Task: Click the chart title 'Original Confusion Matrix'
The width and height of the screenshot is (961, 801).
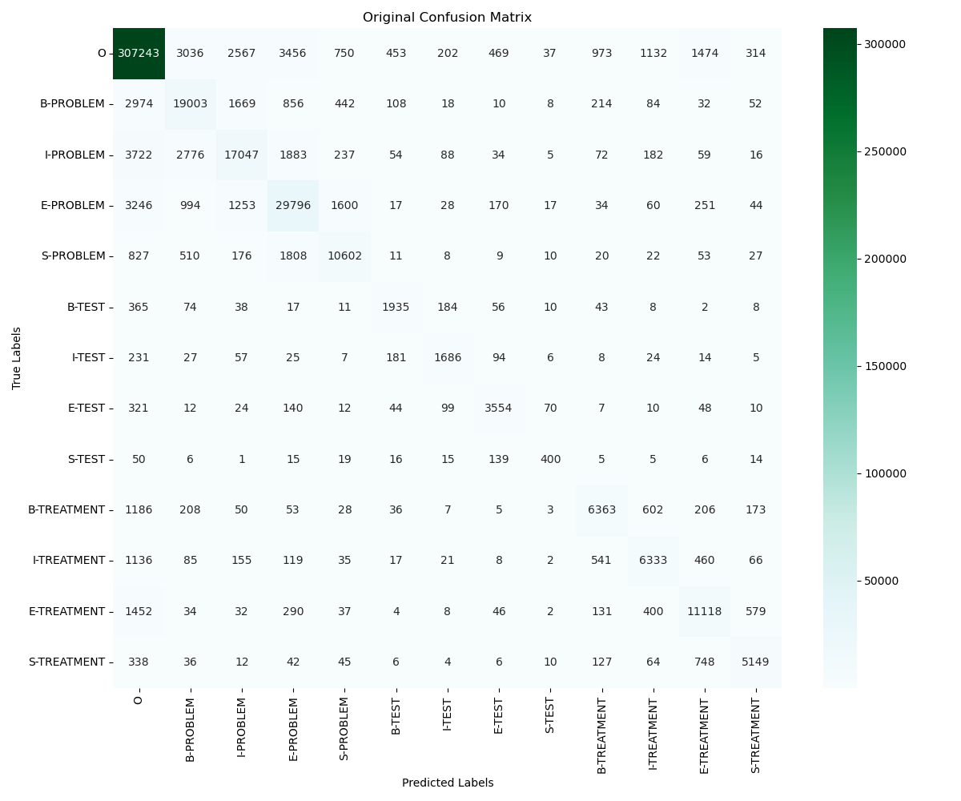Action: coord(447,18)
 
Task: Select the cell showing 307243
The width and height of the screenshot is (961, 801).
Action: coord(139,53)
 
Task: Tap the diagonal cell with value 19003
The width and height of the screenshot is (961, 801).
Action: coord(190,103)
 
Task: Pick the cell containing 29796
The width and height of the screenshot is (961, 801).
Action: coord(293,205)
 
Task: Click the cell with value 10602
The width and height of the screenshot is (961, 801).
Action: coord(344,256)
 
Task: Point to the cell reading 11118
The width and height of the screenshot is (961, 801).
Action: coord(705,611)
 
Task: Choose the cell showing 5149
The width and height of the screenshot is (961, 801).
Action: coord(756,662)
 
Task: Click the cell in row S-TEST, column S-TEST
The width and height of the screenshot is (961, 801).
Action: coord(550,459)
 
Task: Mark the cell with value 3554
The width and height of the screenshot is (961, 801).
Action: coord(499,408)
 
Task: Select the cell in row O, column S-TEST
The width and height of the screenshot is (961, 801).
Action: coord(550,53)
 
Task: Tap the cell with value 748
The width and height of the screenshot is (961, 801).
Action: coord(705,662)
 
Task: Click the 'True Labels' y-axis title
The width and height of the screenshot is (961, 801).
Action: coord(17,357)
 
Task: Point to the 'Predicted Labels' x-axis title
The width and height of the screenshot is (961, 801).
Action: coord(447,783)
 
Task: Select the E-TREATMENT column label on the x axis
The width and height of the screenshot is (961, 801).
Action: coord(705,735)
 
